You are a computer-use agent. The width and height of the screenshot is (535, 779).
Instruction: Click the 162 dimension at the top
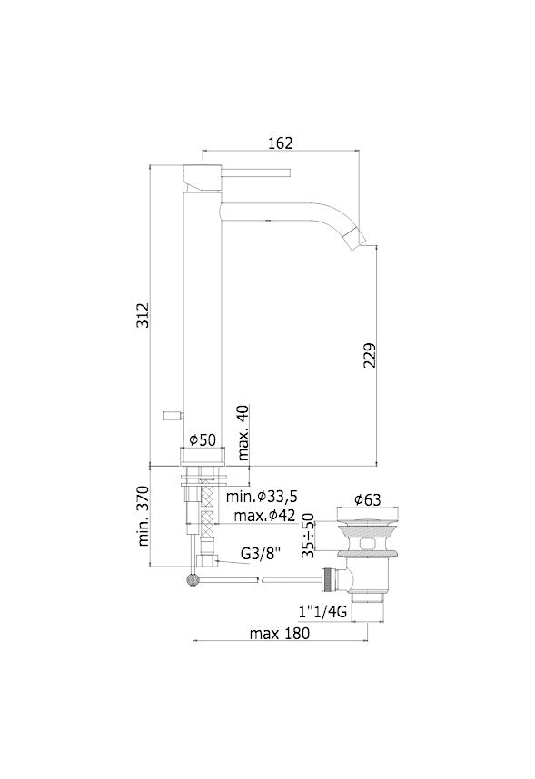(x=281, y=143)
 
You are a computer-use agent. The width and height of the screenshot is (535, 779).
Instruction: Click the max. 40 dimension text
(x=243, y=432)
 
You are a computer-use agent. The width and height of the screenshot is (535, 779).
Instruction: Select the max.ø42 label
(x=263, y=516)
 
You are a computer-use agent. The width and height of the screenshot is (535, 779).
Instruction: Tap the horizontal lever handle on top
(x=254, y=170)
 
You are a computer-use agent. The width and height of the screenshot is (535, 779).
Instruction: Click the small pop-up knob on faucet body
(x=169, y=414)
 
